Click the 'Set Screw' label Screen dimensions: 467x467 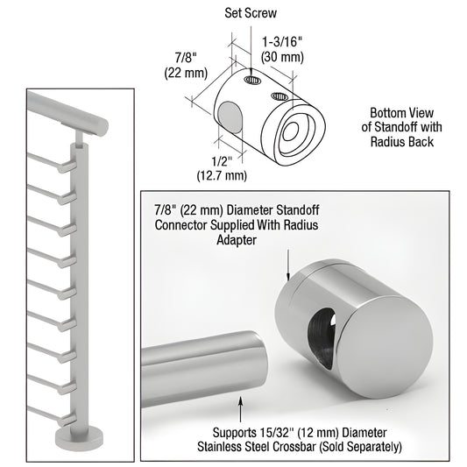tap(251, 13)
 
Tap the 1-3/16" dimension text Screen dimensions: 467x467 tap(282, 42)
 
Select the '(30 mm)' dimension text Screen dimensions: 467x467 tap(282, 57)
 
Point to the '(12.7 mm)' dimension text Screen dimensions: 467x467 tap(222, 175)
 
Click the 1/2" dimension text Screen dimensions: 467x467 tap(222, 161)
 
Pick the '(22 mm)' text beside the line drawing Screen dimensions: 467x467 tap(186, 73)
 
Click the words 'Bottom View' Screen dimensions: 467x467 tap(401, 113)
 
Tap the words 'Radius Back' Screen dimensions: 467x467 tap(402, 141)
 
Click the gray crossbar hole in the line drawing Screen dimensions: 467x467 tap(230, 117)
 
